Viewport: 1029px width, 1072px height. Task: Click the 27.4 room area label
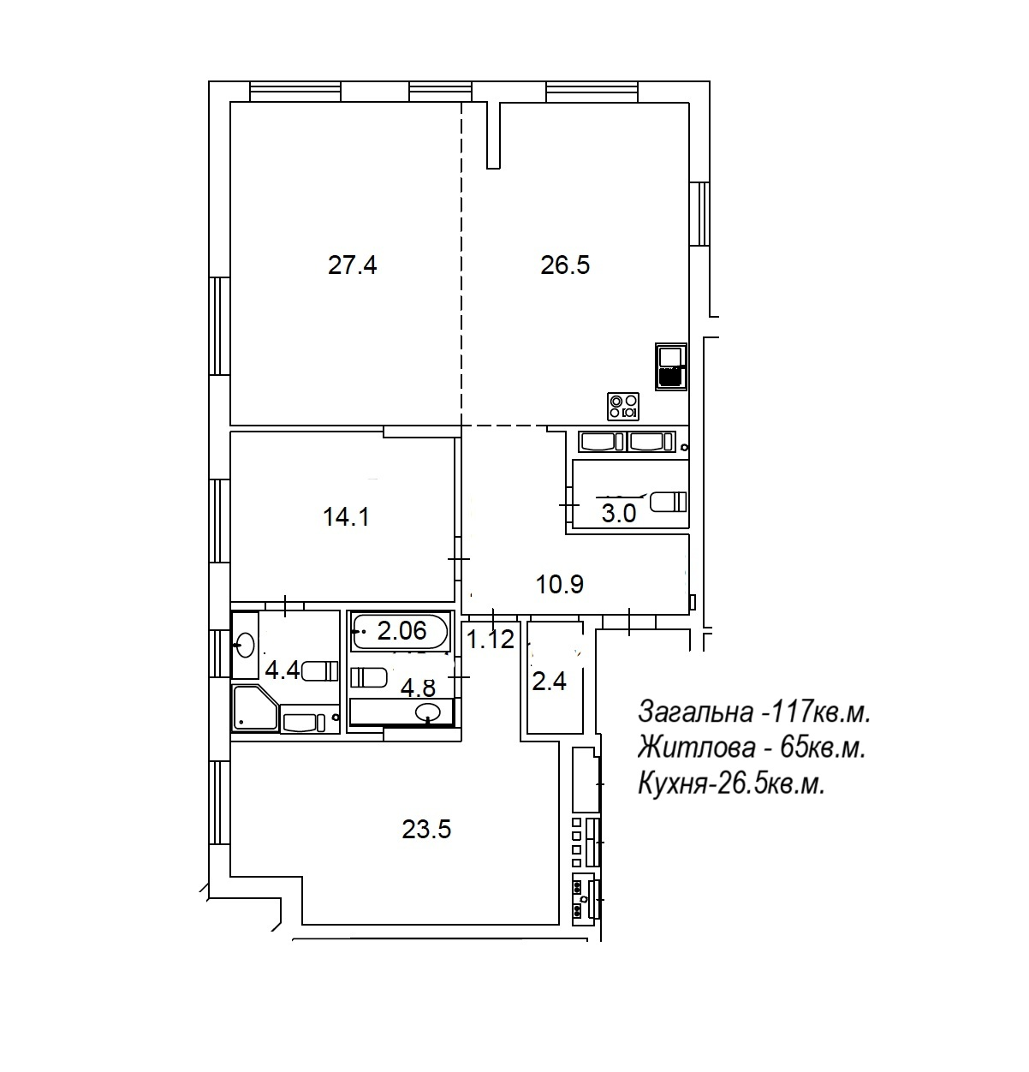(x=352, y=265)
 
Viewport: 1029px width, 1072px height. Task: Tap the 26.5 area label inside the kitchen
(x=565, y=265)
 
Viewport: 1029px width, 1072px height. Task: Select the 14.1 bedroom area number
(x=346, y=516)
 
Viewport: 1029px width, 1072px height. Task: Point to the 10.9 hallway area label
(x=560, y=584)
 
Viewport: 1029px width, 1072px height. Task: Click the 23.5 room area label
(x=426, y=829)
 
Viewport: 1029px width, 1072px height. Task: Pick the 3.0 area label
(x=619, y=514)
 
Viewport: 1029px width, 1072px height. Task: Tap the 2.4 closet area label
(x=550, y=682)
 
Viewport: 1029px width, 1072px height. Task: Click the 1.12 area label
(x=491, y=639)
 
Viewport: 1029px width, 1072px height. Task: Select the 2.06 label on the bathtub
(x=401, y=630)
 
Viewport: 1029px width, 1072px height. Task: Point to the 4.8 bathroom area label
(x=418, y=688)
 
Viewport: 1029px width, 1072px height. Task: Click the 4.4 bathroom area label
(x=282, y=670)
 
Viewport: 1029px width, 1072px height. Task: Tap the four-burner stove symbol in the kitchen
(x=623, y=407)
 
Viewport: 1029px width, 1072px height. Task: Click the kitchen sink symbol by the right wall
(x=671, y=366)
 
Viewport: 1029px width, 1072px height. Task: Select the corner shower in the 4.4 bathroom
(x=255, y=708)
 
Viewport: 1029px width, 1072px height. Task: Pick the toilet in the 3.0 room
(x=669, y=502)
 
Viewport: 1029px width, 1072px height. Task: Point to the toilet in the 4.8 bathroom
(x=368, y=677)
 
